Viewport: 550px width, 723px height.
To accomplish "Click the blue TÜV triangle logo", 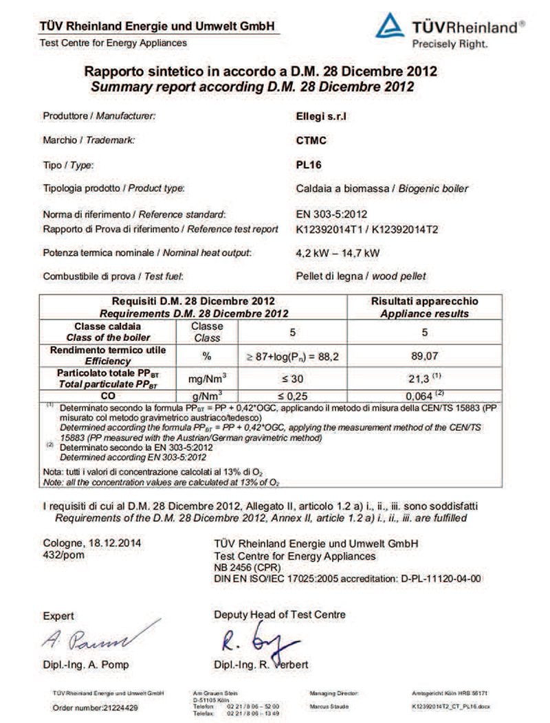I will pos(390,25).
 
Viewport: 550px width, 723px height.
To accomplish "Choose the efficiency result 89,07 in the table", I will pos(424,356).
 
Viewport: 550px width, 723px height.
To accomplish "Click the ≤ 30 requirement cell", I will pos(291,377).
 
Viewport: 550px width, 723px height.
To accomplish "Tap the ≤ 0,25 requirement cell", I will pos(291,396).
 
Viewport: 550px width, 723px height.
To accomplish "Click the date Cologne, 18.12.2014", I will pos(92,543).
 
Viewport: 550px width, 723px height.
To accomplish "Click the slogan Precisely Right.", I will pos(450,44).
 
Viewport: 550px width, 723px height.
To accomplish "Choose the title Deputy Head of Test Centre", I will pos(280,614).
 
